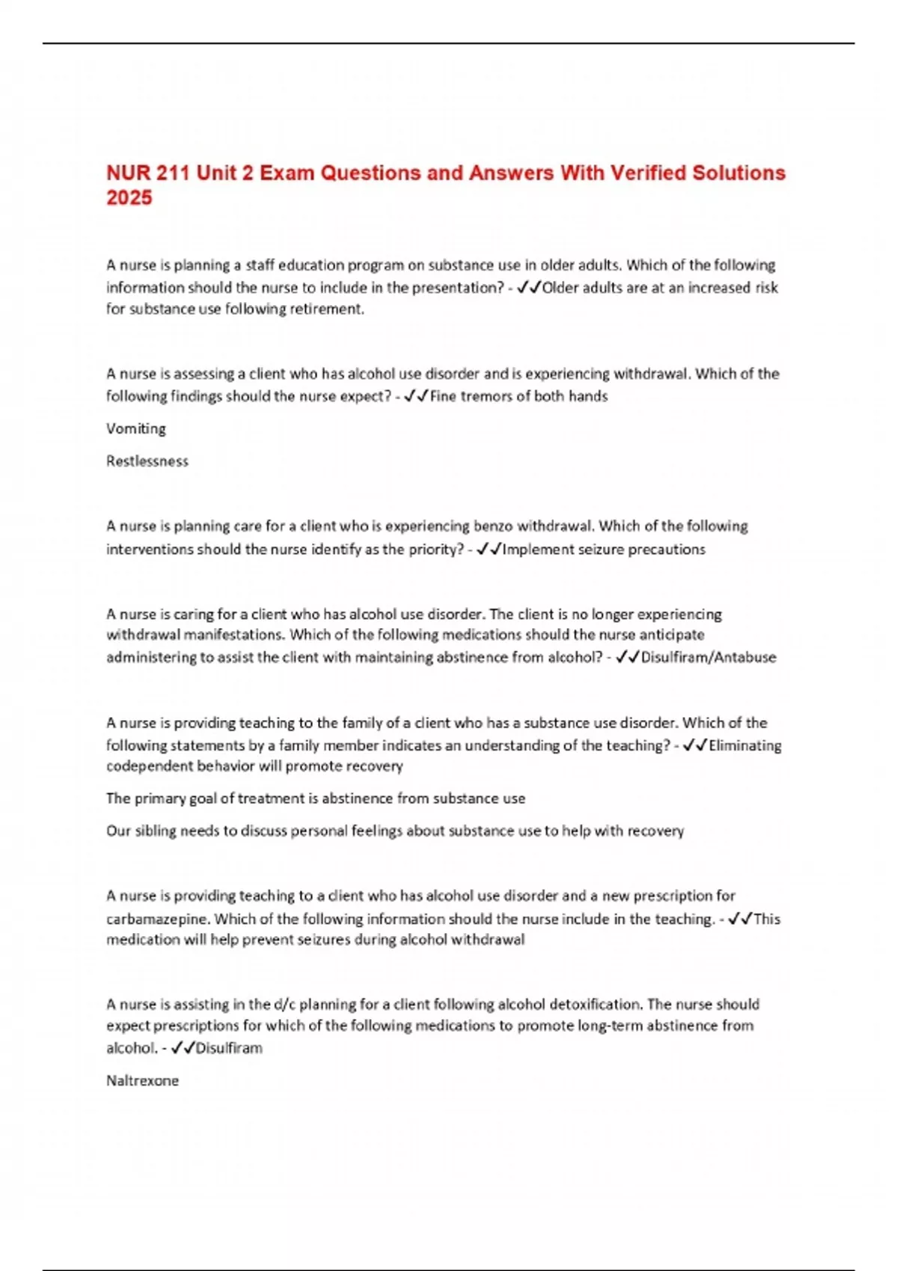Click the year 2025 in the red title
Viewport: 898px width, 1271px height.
129,198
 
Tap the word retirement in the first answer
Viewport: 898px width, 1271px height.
329,310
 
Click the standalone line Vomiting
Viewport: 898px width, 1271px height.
136,429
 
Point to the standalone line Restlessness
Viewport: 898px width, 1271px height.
147,461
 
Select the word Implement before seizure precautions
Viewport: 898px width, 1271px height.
537,550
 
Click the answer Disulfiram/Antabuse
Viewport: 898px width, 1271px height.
709,658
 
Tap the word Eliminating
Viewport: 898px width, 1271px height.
745,745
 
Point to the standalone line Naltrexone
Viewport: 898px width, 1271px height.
142,1081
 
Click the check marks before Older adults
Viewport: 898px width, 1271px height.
528,288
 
